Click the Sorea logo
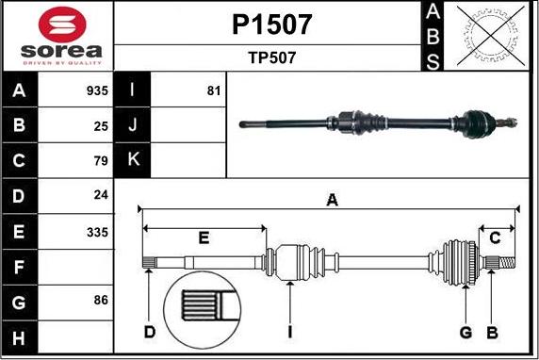pyautogui.click(x=57, y=36)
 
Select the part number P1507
pyautogui.click(x=271, y=24)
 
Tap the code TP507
pyautogui.click(x=271, y=57)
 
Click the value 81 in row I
pyautogui.click(x=212, y=91)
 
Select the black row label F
pyautogui.click(x=20, y=267)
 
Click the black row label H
pyautogui.click(x=20, y=337)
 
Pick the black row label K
pyautogui.click(x=132, y=159)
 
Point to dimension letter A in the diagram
pyautogui.click(x=331, y=199)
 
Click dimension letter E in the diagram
pyautogui.click(x=203, y=237)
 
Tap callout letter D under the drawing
pyautogui.click(x=149, y=332)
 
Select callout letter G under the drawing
pyautogui.click(x=465, y=332)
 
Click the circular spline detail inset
pyautogui.click(x=204, y=310)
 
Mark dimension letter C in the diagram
pyautogui.click(x=494, y=237)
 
